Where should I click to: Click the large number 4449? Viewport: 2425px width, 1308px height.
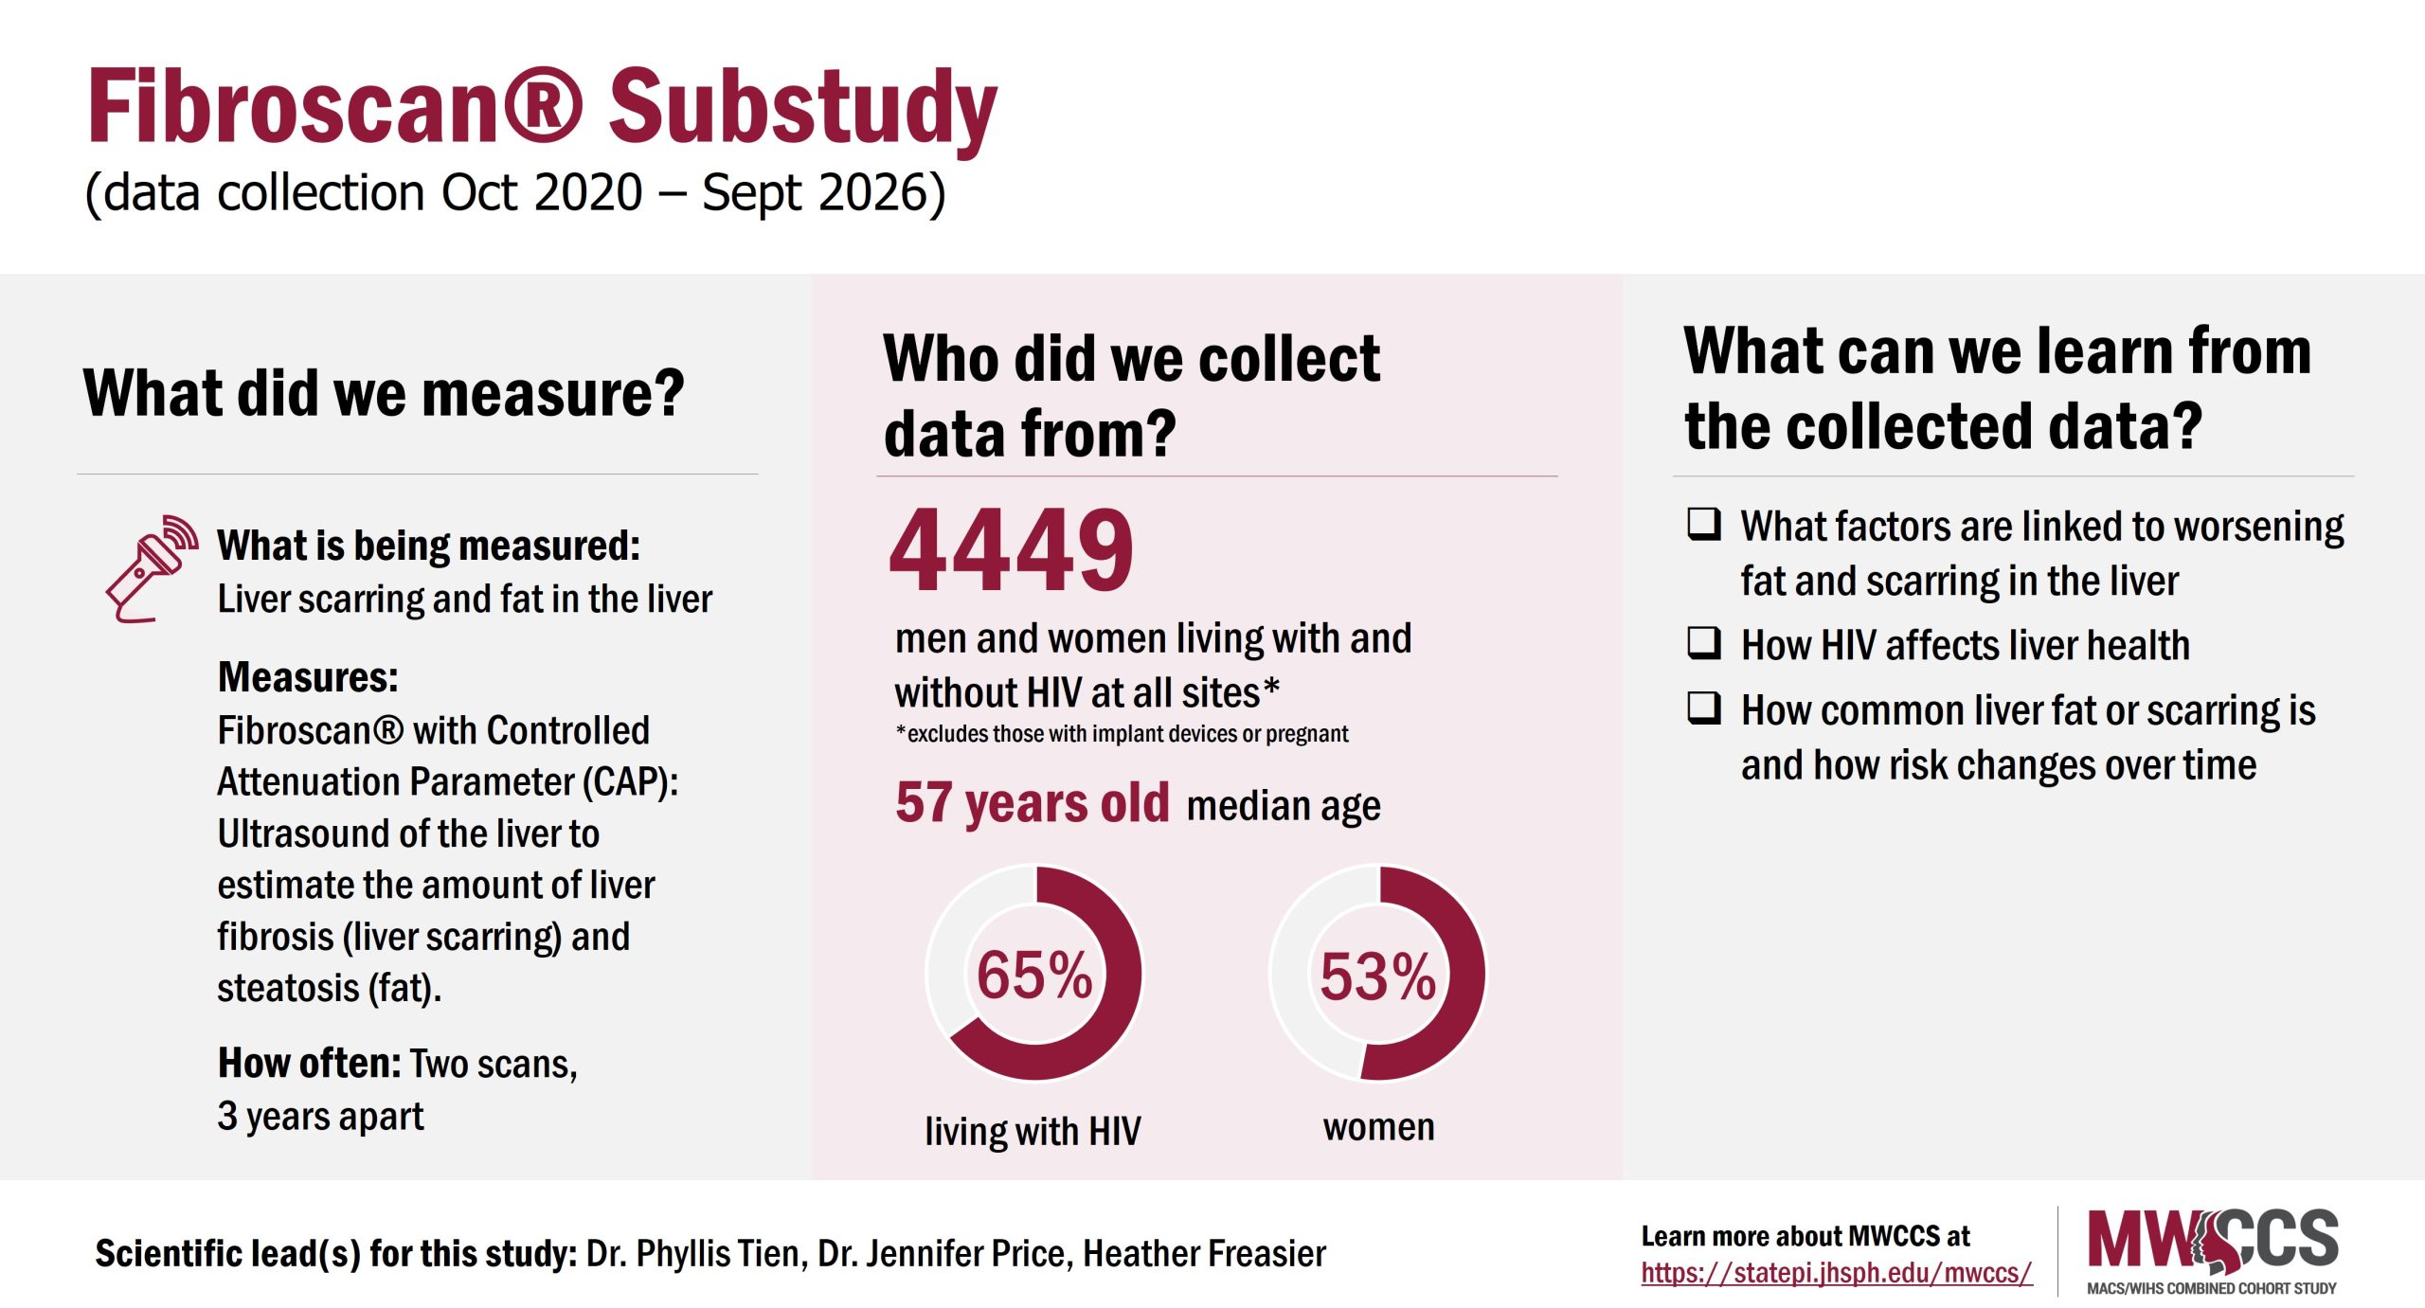tap(1011, 550)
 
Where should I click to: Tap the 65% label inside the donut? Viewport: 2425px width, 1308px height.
tap(1033, 975)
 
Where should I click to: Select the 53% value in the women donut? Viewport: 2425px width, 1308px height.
tap(1377, 977)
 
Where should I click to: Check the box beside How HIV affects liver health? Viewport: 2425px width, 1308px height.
tap(1703, 643)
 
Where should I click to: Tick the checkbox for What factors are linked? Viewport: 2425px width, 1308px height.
tap(1703, 524)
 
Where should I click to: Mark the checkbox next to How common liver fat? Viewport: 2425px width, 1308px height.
tap(1703, 708)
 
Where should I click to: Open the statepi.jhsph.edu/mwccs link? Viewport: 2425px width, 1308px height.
tap(1836, 1272)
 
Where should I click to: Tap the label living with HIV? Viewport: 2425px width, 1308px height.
tap(1033, 1131)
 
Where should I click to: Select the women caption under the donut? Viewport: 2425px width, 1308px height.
tap(1378, 1127)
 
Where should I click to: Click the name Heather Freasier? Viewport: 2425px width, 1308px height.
tap(1204, 1253)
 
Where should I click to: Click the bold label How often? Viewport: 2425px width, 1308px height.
tap(309, 1063)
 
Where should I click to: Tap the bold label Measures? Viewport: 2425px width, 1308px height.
tap(308, 677)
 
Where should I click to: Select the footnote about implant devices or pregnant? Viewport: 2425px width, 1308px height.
tap(1122, 734)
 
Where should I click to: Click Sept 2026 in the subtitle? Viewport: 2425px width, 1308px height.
tap(822, 192)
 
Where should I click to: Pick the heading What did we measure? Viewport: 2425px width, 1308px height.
tap(384, 393)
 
